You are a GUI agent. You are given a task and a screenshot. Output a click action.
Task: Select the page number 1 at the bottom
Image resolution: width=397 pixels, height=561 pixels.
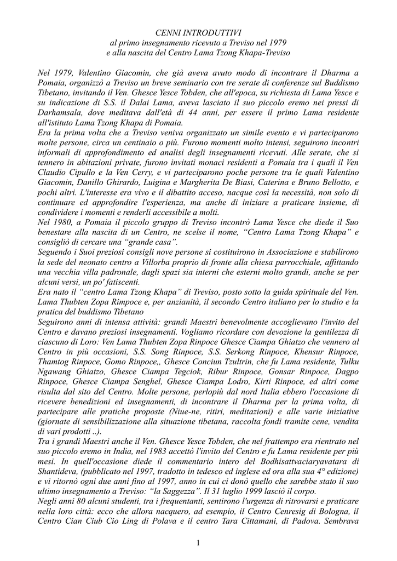click(198, 542)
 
